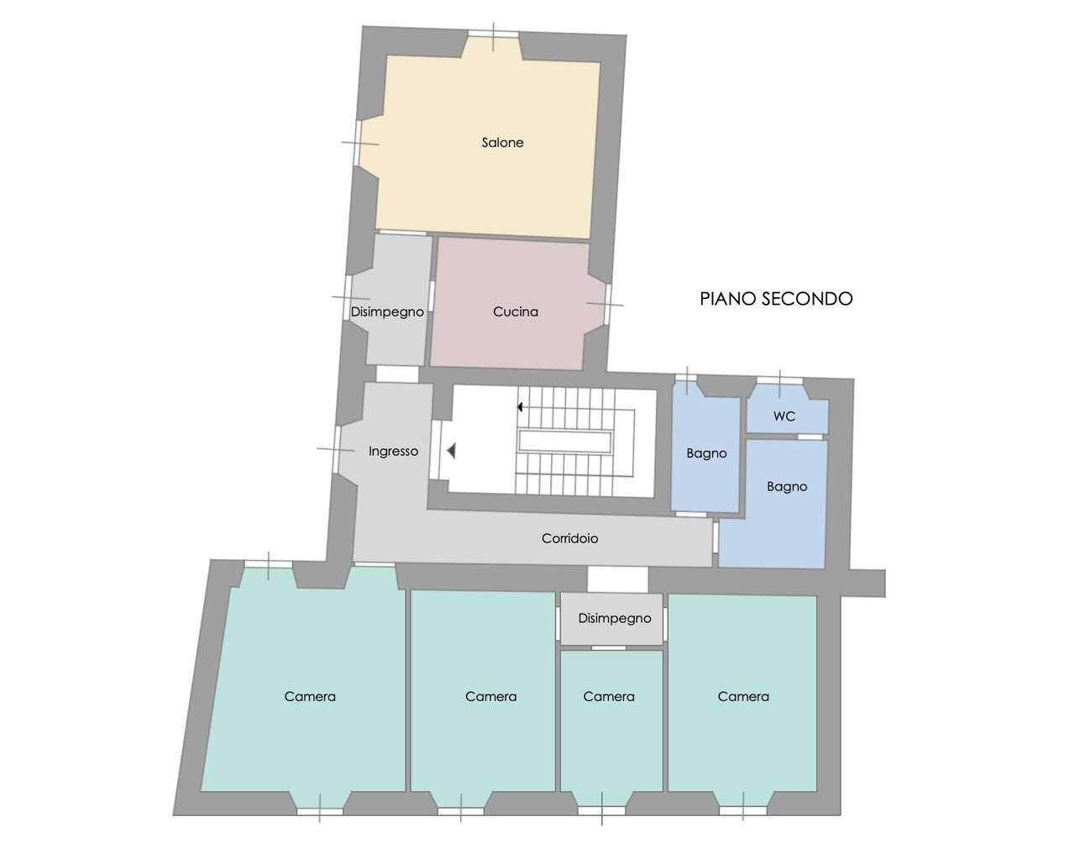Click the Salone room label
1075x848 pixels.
click(502, 143)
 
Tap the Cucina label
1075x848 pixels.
click(516, 311)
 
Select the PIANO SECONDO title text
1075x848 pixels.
click(776, 299)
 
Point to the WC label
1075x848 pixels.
click(784, 416)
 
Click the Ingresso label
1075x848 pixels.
click(393, 452)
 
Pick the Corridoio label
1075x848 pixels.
click(569, 538)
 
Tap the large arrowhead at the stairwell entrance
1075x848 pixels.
click(452, 451)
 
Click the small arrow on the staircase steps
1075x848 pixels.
click(520, 407)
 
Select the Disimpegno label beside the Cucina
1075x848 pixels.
click(387, 312)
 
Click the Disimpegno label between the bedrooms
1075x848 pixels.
click(615, 618)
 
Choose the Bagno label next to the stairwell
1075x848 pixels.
click(706, 453)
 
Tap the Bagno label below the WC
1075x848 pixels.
click(787, 486)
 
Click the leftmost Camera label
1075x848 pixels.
click(310, 696)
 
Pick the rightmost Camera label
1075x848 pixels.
click(743, 696)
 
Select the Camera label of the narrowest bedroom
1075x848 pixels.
click(608, 696)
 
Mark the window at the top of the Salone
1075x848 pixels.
click(493, 34)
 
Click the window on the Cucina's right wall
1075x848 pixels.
click(608, 304)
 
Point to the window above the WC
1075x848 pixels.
click(779, 380)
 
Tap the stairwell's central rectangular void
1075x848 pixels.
click(564, 442)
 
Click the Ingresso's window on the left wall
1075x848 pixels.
click(336, 449)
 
